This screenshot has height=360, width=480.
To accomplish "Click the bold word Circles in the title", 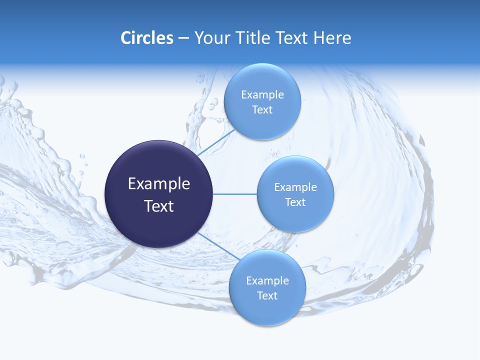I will click(146, 38).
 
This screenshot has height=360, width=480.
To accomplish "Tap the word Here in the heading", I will click(332, 38).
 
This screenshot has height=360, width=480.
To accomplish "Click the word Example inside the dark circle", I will click(158, 184).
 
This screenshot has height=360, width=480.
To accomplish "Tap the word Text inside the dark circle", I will click(158, 206).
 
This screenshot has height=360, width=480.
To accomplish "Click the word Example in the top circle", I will click(262, 95).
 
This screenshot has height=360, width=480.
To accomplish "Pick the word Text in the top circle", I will click(262, 110).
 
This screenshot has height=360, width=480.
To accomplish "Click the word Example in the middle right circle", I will click(295, 187).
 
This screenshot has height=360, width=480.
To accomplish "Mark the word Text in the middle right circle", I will click(295, 202).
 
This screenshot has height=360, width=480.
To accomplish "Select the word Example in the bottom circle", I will click(267, 281).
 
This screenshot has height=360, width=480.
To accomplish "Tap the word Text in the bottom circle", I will click(267, 296).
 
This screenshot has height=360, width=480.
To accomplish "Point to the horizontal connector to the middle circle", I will click(234, 194).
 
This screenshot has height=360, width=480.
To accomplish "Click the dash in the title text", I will click(183, 38).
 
